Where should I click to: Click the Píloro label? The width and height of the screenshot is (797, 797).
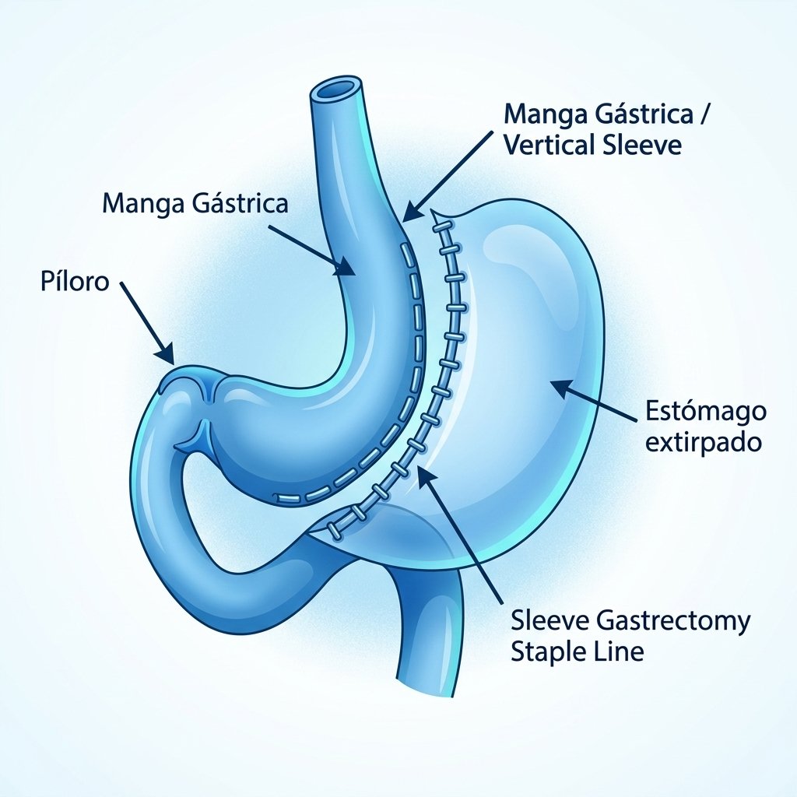click(75, 281)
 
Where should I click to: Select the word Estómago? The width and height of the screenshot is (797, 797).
click(705, 412)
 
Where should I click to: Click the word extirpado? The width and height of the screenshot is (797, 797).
click(704, 442)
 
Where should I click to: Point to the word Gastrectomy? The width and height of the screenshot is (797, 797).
click(673, 621)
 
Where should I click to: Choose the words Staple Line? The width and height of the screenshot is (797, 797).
click(577, 651)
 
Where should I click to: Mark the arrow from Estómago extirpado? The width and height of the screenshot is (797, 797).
click(594, 402)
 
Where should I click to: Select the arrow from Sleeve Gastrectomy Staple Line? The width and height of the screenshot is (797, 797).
click(461, 535)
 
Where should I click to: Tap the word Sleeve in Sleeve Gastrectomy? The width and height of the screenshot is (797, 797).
click(550, 621)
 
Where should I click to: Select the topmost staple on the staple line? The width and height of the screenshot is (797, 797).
click(442, 226)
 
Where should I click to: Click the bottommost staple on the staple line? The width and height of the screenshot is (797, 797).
click(335, 531)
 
